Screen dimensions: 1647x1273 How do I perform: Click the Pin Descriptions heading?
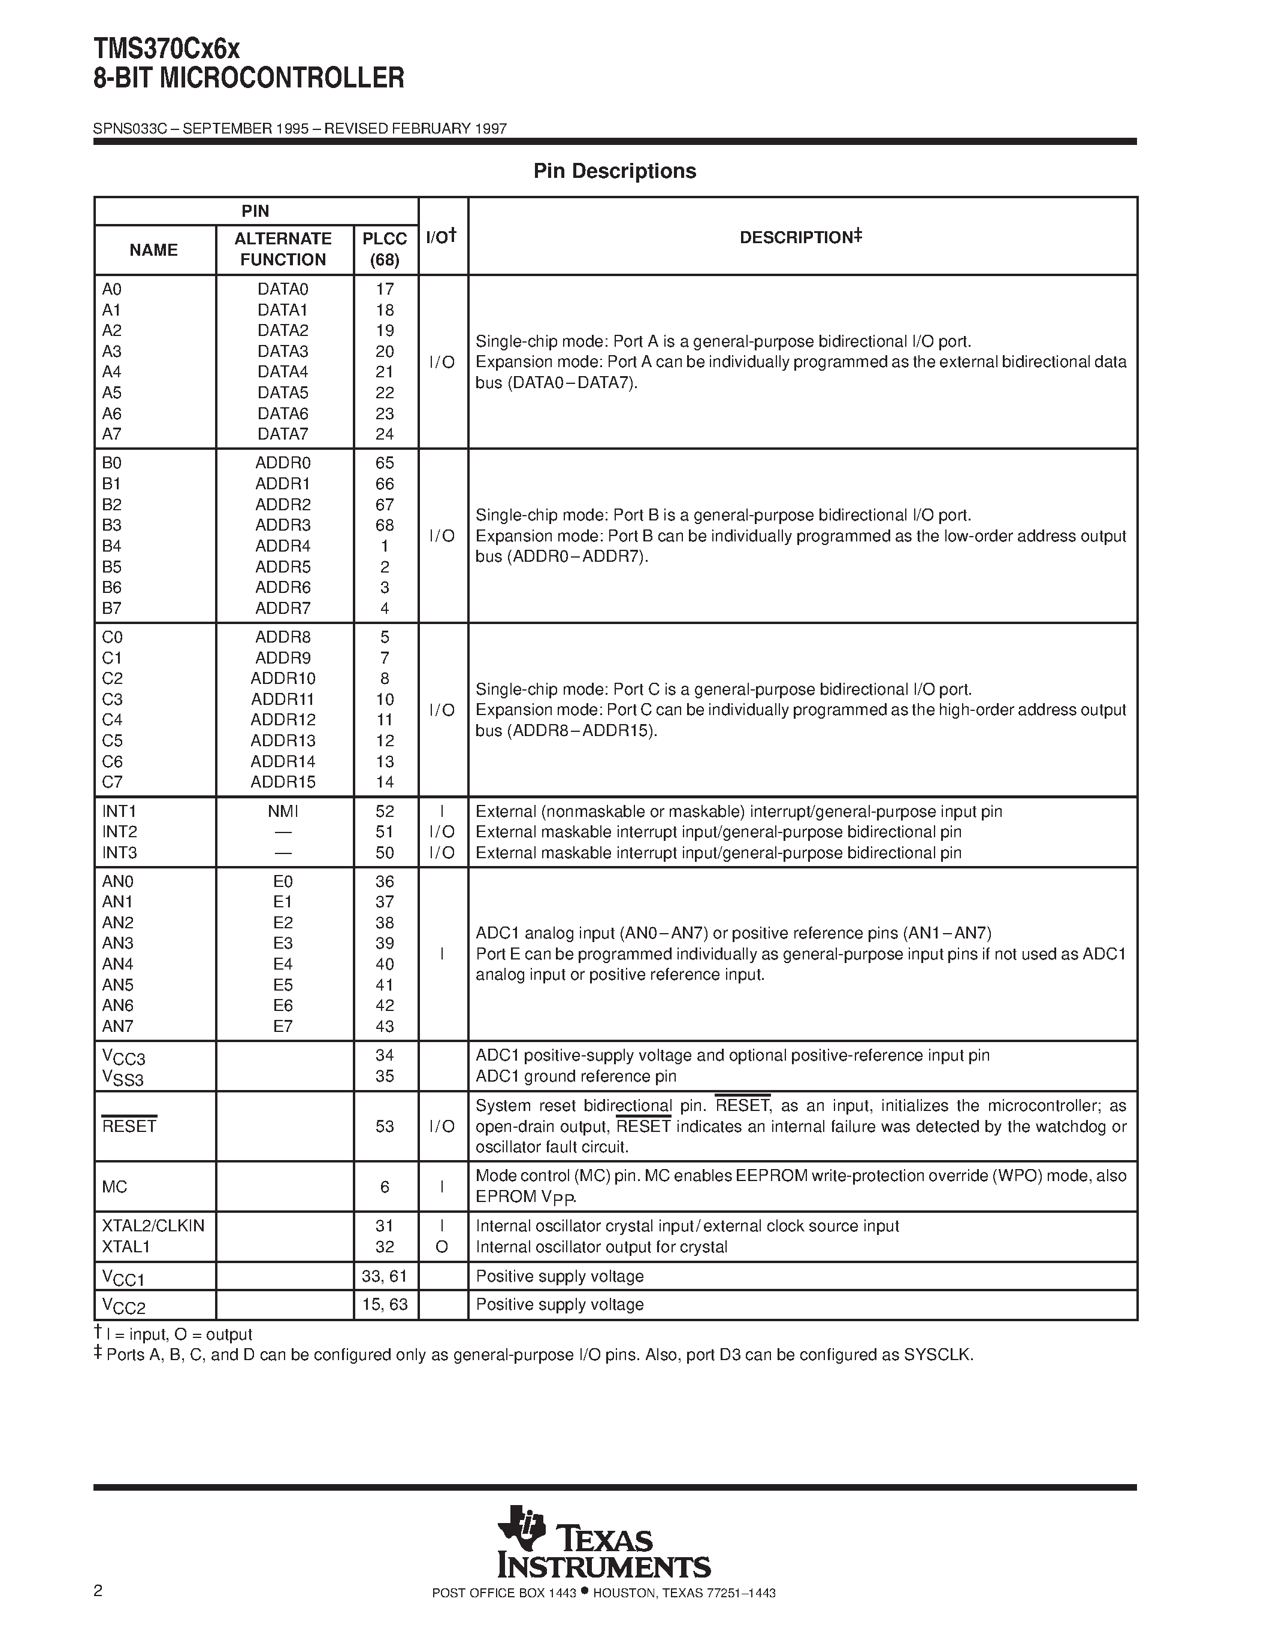click(614, 171)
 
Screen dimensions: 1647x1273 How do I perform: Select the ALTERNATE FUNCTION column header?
click(283, 249)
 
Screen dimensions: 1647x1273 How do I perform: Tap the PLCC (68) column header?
click(384, 249)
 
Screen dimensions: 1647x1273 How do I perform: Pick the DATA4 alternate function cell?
click(283, 372)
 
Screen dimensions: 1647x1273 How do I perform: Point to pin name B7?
click(111, 608)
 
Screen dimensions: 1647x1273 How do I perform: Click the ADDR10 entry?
click(283, 678)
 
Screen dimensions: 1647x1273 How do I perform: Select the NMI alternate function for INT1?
click(283, 812)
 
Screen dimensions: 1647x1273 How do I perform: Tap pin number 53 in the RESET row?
click(385, 1126)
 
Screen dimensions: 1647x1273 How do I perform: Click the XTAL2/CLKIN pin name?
click(153, 1226)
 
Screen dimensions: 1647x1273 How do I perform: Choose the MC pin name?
click(114, 1187)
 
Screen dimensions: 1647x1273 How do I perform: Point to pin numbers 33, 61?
click(385, 1276)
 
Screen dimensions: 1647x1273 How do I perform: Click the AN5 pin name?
click(117, 985)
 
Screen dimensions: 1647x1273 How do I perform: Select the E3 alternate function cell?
click(283, 943)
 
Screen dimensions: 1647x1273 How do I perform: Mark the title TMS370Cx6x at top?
click(167, 50)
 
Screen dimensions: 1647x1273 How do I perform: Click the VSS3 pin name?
click(122, 1079)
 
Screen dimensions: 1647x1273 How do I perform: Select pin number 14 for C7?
click(385, 782)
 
